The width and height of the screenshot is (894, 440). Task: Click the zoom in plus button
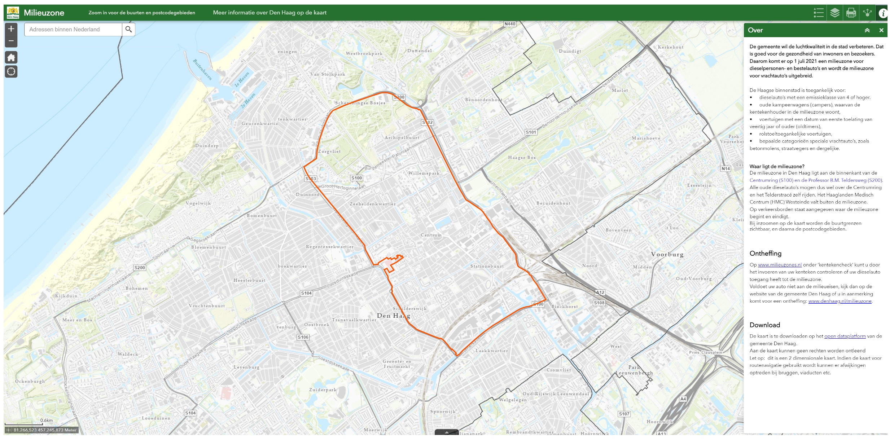pyautogui.click(x=11, y=29)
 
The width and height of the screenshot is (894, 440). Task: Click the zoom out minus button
pyautogui.click(x=11, y=41)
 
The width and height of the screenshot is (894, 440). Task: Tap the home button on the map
pyautogui.click(x=11, y=57)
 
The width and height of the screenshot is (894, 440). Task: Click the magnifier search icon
pyautogui.click(x=128, y=29)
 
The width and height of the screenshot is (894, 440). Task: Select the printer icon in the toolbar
pyautogui.click(x=851, y=13)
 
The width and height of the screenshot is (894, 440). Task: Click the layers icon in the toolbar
pyautogui.click(x=835, y=13)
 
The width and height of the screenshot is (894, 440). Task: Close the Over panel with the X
pyautogui.click(x=881, y=30)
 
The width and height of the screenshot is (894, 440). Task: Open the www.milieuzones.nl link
pyautogui.click(x=780, y=265)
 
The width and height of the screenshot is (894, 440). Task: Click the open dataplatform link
pyautogui.click(x=845, y=336)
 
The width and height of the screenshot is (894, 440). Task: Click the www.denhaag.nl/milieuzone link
pyautogui.click(x=840, y=301)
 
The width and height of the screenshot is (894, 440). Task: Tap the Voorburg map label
pyautogui.click(x=667, y=254)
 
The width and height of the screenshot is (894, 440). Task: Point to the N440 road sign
pyautogui.click(x=510, y=24)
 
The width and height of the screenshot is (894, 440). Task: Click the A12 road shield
pyautogui.click(x=600, y=292)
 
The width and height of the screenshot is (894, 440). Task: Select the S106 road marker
pyautogui.click(x=303, y=337)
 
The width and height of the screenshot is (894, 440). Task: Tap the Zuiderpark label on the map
pyautogui.click(x=323, y=390)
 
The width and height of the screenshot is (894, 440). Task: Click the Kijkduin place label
pyautogui.click(x=66, y=296)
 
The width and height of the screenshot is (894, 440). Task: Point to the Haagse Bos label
pyautogui.click(x=522, y=158)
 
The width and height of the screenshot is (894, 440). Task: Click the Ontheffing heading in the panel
pyautogui.click(x=765, y=254)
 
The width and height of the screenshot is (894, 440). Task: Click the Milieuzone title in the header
pyautogui.click(x=44, y=13)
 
